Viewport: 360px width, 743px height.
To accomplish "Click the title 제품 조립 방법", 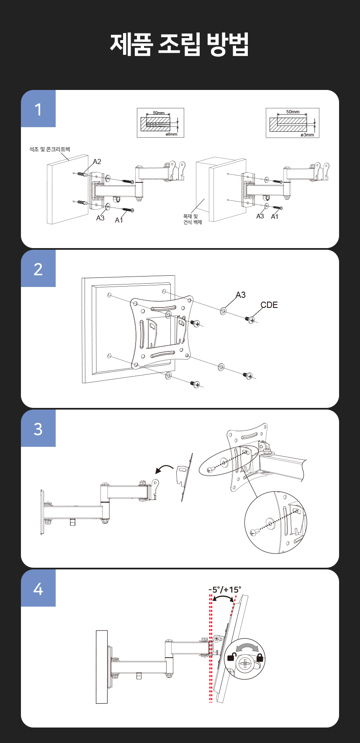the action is [180, 44].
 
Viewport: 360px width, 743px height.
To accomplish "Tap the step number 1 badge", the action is [38, 109].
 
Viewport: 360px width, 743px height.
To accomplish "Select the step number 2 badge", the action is [38, 269].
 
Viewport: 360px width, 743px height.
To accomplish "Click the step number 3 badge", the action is [38, 428].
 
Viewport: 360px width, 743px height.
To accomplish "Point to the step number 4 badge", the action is [38, 588].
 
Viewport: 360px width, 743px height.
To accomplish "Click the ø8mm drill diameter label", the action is [171, 134].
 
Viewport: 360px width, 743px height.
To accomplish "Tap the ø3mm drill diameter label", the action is [307, 135].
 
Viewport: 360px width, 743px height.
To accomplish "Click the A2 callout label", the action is [97, 161].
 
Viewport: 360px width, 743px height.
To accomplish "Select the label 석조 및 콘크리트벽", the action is [49, 149].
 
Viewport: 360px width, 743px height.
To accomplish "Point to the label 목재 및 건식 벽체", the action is [193, 219].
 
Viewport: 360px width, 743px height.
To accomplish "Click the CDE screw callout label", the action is [269, 305].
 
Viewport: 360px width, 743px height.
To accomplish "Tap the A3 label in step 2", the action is [241, 295].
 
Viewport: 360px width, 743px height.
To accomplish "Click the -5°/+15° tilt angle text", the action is [225, 590].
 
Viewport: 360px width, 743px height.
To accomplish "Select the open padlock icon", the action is [231, 657].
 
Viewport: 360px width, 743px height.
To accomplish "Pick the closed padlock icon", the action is [260, 657].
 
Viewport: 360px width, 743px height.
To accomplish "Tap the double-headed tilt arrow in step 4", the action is [223, 597].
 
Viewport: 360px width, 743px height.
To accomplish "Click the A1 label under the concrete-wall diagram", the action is [119, 220].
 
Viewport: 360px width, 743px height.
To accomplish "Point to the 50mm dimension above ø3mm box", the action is [293, 112].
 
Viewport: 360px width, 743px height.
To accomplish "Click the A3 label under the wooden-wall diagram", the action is [260, 216].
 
